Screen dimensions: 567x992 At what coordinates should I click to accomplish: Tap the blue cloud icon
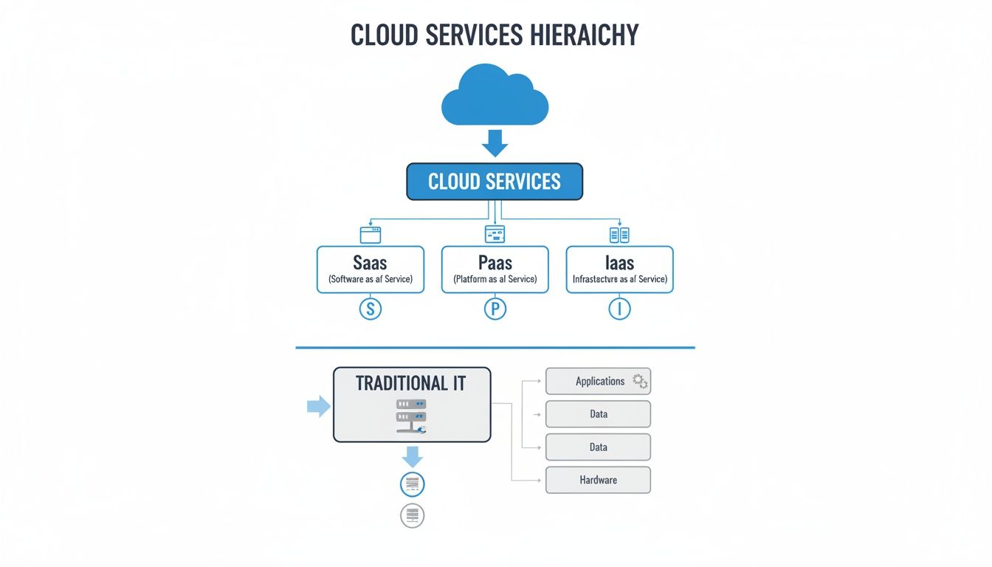pos(495,96)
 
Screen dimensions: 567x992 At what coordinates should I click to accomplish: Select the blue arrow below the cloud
pos(495,142)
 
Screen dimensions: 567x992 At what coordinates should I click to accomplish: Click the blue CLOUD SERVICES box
pos(495,182)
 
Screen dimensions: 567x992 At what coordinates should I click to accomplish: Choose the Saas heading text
pos(370,263)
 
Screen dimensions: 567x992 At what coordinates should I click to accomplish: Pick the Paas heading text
pos(495,263)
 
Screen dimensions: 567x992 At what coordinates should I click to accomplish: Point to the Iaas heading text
pos(619,263)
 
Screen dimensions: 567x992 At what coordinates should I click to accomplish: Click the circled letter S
pos(370,309)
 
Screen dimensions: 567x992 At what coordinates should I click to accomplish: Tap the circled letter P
pos(495,309)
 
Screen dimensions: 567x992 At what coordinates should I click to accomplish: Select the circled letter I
pos(619,309)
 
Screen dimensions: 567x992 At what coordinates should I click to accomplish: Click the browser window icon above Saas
pos(370,235)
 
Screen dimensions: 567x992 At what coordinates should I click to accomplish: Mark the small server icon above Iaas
pos(619,235)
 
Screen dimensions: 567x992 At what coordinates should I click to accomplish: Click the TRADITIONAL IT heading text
pos(411,383)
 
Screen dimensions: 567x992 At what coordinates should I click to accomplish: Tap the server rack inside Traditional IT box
pos(411,416)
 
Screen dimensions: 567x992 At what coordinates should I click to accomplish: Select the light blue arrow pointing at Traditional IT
pos(318,405)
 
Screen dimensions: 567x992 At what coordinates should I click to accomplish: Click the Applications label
pos(599,381)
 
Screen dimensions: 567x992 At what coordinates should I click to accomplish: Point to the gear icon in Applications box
pos(639,382)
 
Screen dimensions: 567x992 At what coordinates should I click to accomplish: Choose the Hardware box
pos(598,480)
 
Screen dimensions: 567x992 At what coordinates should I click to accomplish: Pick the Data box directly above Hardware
pos(598,447)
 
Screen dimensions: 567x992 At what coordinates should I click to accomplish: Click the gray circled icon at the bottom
pos(412,515)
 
